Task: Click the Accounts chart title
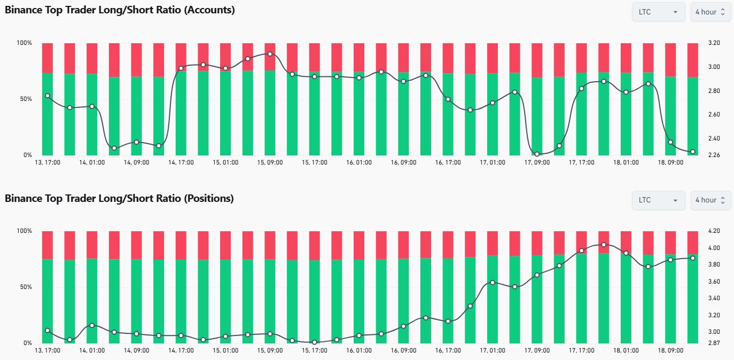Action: point(120,10)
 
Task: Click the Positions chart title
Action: point(119,199)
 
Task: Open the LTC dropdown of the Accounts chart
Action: point(658,12)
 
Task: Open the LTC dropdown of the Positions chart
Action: point(658,200)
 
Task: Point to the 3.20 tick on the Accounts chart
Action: point(714,43)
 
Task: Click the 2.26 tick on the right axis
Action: point(714,155)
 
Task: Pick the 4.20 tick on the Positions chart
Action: point(714,231)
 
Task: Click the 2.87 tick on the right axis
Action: point(714,343)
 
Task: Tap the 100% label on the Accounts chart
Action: point(25,43)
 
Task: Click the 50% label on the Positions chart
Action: point(26,287)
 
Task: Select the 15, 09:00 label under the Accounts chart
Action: point(270,162)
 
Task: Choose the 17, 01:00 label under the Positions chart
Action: point(493,350)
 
